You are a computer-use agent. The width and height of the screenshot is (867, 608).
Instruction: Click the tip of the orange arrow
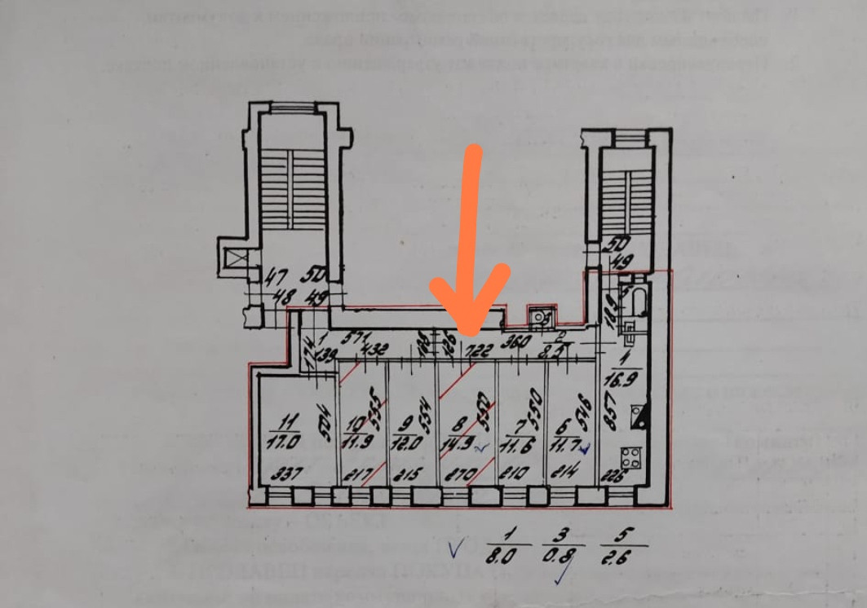pyautogui.click(x=470, y=332)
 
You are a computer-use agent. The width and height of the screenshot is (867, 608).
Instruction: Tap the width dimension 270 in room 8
pyautogui.click(x=462, y=473)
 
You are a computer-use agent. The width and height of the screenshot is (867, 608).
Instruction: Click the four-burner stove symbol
pyautogui.click(x=630, y=457)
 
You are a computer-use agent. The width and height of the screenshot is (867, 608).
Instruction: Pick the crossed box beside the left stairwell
pyautogui.click(x=234, y=261)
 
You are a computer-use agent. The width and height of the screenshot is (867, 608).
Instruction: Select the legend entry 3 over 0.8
pyautogui.click(x=562, y=545)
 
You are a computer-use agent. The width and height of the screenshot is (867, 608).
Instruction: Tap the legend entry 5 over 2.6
pyautogui.click(x=624, y=545)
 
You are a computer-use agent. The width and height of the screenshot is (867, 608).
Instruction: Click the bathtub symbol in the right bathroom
pyautogui.click(x=637, y=303)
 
